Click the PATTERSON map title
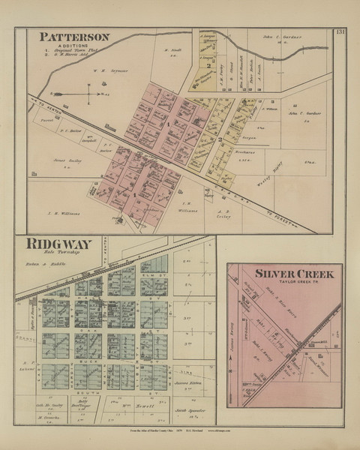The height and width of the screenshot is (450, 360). [x=74, y=36]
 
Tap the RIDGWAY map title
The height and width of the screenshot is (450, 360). [x=59, y=244]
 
